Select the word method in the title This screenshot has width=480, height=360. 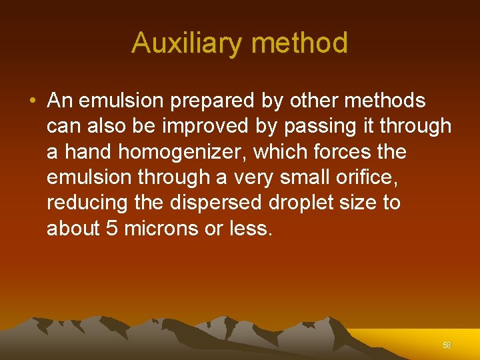300,43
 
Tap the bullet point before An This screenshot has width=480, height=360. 33,101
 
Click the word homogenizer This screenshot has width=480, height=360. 183,153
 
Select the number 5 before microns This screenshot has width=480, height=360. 112,229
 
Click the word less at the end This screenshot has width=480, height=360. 250,229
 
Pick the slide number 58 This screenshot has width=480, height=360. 447,345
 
